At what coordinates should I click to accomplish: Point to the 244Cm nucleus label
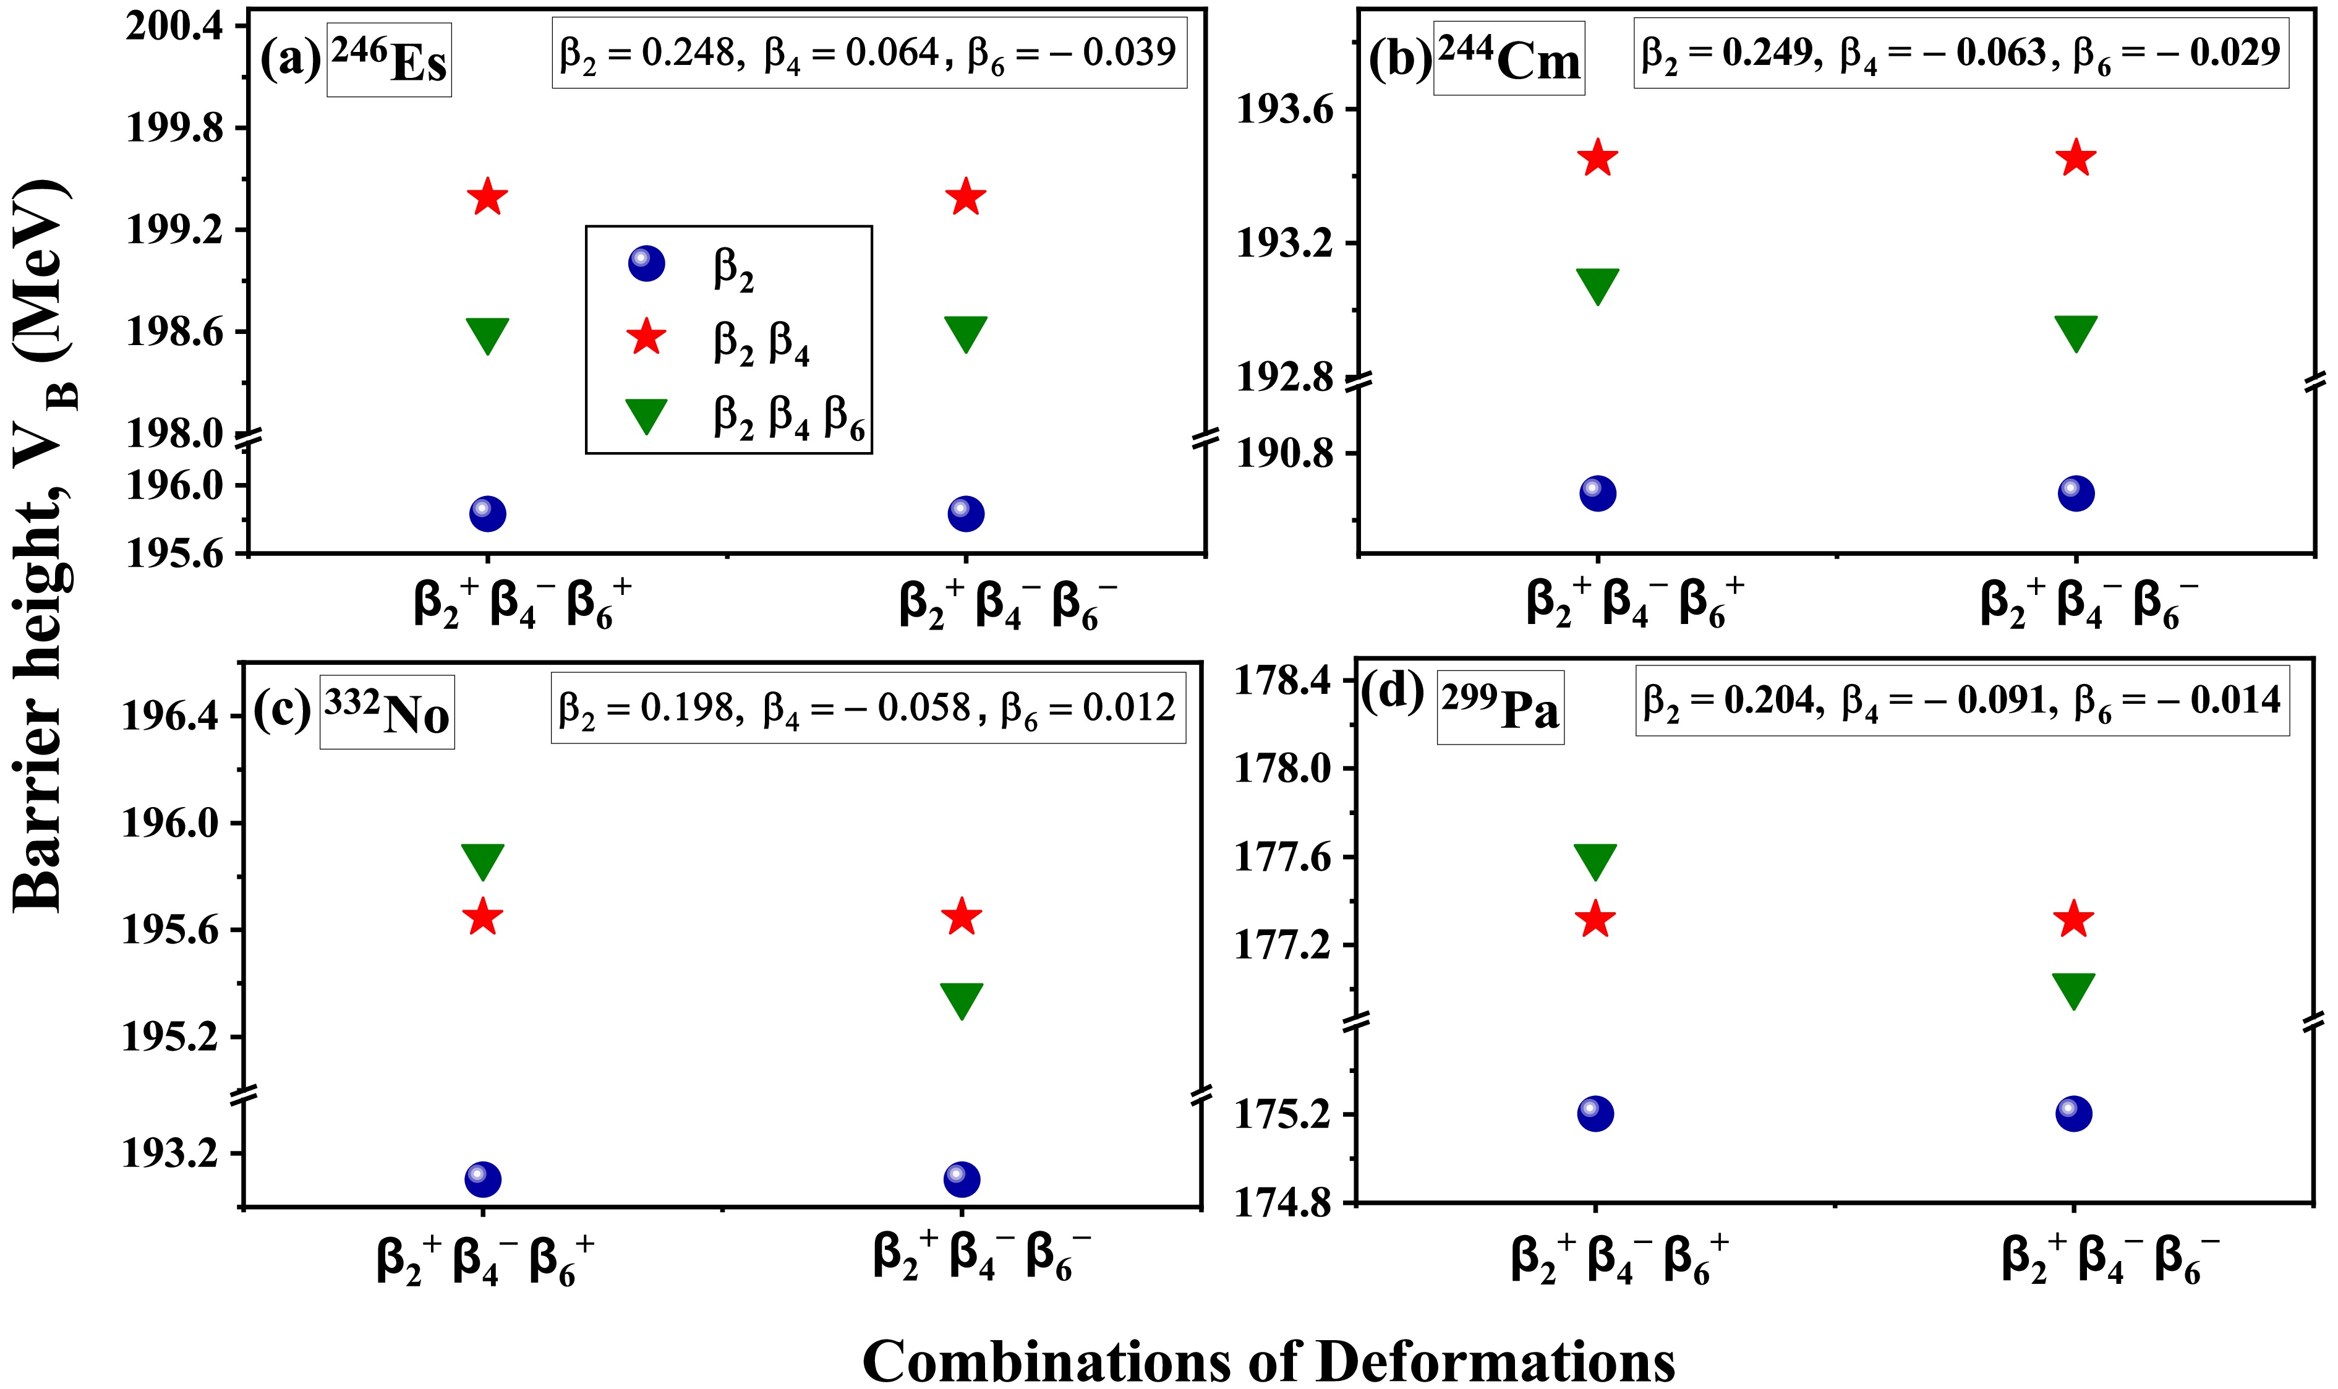point(1508,59)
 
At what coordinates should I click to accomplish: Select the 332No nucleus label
point(386,712)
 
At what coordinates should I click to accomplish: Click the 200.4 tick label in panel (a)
point(175,25)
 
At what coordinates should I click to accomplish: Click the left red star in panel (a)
point(487,197)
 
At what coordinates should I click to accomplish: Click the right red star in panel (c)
point(962,917)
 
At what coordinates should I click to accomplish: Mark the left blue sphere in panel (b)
point(1598,494)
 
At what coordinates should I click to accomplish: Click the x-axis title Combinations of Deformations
point(1268,1360)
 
